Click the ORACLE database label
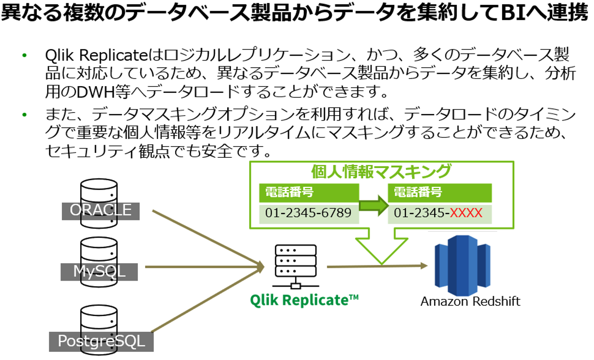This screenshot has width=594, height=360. pyautogui.click(x=101, y=210)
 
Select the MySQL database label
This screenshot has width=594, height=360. pyautogui.click(x=99, y=271)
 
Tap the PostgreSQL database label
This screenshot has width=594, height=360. pyautogui.click(x=102, y=341)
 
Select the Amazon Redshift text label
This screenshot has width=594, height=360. pyautogui.click(x=470, y=301)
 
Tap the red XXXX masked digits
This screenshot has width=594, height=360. pyautogui.click(x=466, y=213)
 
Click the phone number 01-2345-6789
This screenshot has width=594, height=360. pyautogui.click(x=308, y=213)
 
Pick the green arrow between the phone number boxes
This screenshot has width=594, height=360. pyautogui.click(x=374, y=205)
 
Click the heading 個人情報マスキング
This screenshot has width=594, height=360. pyautogui.click(x=381, y=172)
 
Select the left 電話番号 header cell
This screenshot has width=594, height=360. pyautogui.click(x=309, y=193)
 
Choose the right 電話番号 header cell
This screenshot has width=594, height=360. pyautogui.click(x=439, y=193)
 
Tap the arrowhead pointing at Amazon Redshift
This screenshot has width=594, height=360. pyautogui.click(x=423, y=266)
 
